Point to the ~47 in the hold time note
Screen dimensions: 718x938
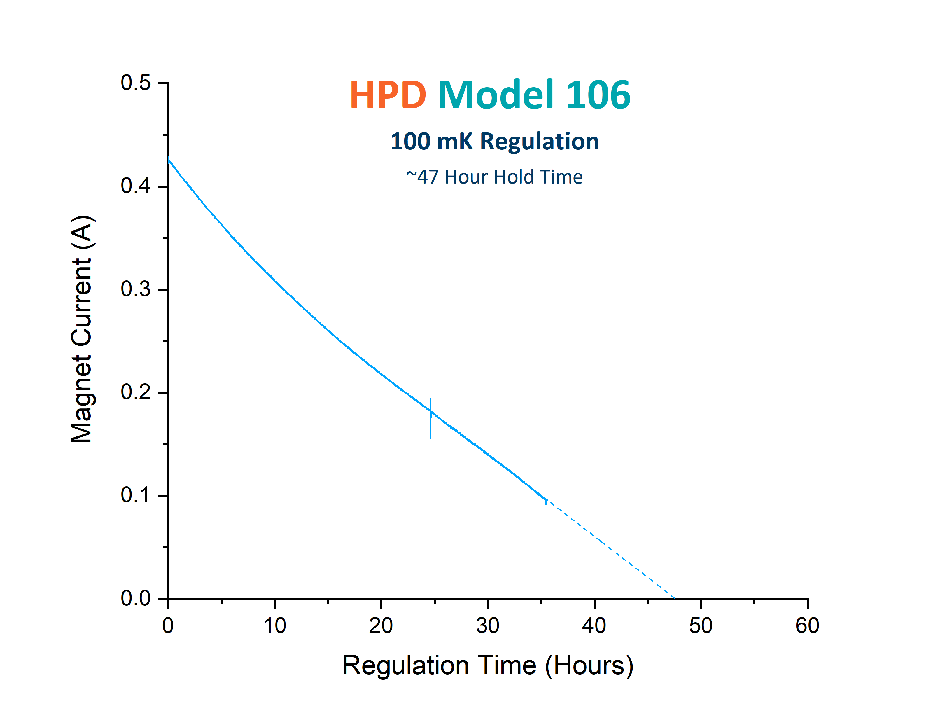click(422, 177)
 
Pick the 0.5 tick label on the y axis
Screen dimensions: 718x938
click(135, 83)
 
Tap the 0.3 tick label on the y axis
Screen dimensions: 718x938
click(135, 289)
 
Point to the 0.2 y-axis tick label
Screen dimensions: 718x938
click(135, 392)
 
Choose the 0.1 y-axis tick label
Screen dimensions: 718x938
click(135, 495)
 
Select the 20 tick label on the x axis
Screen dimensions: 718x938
click(381, 626)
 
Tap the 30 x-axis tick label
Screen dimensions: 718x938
click(488, 626)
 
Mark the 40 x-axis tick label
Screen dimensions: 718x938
click(594, 626)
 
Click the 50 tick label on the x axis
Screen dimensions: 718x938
click(701, 626)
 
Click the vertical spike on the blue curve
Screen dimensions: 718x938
click(430, 419)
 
